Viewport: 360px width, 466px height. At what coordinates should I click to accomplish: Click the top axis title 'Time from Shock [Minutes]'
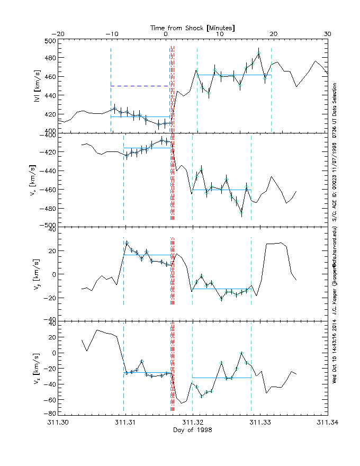click(192, 27)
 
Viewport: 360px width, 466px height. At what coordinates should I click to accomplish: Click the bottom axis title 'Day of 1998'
click(193, 429)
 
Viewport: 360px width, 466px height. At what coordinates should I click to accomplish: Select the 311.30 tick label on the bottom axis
click(58, 422)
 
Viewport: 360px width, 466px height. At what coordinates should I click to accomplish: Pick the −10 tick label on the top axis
click(111, 34)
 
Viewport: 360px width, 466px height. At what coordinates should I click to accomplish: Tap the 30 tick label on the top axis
click(327, 34)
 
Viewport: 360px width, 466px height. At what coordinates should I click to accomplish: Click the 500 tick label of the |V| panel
click(50, 41)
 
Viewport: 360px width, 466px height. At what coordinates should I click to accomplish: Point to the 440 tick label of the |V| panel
click(50, 95)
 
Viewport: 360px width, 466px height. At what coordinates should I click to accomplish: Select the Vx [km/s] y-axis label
click(37, 179)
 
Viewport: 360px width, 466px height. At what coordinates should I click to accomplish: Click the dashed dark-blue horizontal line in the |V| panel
click(140, 86)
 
